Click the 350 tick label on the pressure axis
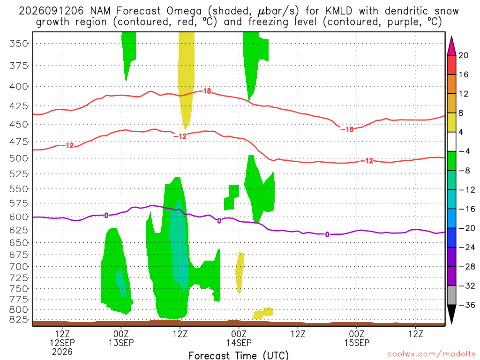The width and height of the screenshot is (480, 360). [18, 44]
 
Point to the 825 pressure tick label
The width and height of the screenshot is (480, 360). [18, 320]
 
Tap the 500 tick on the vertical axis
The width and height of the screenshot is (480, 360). [18, 158]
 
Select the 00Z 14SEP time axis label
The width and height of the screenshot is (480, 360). [239, 338]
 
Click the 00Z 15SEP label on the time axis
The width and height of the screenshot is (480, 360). [357, 338]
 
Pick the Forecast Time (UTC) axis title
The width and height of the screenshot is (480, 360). [239, 355]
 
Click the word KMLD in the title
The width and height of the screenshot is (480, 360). [339, 11]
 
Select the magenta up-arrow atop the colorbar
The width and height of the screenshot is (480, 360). [451, 45]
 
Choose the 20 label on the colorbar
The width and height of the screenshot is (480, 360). [464, 55]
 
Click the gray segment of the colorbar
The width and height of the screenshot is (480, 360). [451, 295]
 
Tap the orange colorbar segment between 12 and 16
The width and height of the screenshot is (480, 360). [451, 84]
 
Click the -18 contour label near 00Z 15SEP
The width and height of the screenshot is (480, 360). [347, 129]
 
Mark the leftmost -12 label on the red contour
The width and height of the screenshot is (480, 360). [67, 145]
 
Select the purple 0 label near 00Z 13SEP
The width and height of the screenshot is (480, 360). [106, 216]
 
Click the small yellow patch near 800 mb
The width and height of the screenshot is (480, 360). [263, 313]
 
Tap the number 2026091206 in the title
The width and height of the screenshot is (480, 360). [51, 11]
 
